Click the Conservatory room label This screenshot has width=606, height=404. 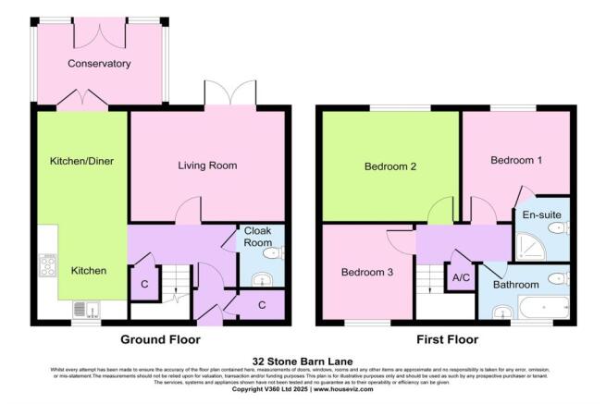99,64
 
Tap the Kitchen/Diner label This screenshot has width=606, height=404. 81,161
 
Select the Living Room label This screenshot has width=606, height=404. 207,166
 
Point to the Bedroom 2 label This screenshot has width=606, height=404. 390,167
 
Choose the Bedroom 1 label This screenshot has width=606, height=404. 516,160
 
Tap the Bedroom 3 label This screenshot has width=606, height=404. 367,273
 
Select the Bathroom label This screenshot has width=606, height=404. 515,284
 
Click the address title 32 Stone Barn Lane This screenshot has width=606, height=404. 303,361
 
